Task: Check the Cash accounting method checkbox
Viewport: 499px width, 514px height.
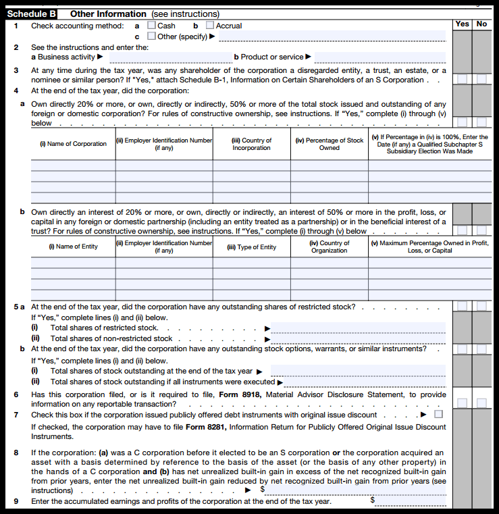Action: click(x=151, y=26)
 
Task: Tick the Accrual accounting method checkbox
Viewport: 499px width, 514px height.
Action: click(x=210, y=26)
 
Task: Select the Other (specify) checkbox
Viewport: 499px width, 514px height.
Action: click(x=151, y=36)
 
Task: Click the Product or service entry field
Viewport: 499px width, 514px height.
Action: click(x=379, y=57)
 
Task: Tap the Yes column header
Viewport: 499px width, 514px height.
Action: click(x=462, y=24)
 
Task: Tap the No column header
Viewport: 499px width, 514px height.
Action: click(x=481, y=24)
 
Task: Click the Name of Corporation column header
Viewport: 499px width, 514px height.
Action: click(x=73, y=144)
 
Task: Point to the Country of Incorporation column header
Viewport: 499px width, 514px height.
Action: click(x=251, y=144)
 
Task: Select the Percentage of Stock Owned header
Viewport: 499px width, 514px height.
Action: click(x=330, y=144)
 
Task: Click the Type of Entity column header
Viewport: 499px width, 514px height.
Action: click(x=252, y=247)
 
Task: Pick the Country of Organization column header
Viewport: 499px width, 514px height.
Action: click(x=330, y=247)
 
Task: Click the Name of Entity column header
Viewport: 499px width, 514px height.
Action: click(x=73, y=247)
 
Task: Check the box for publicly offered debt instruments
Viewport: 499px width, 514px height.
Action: click(x=439, y=414)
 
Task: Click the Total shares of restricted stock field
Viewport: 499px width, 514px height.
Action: click(x=358, y=328)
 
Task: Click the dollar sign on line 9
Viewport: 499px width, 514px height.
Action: click(x=372, y=500)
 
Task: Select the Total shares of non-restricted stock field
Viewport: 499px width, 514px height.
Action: click(x=358, y=338)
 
